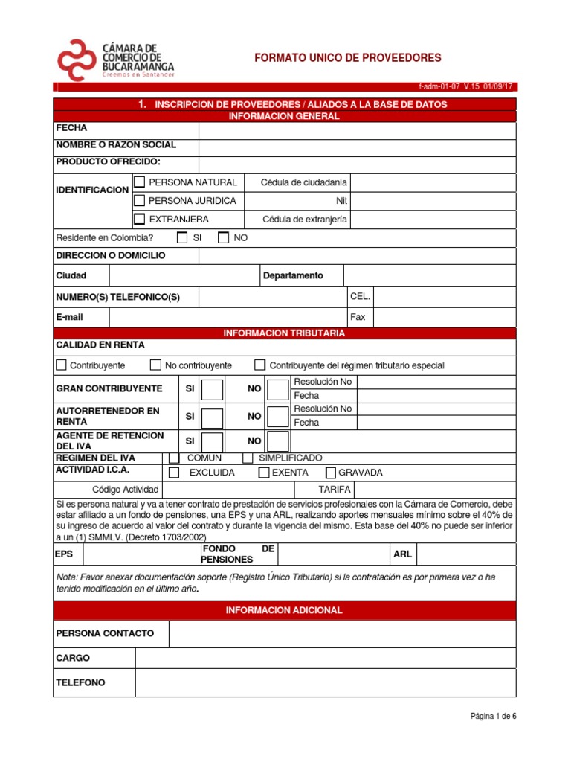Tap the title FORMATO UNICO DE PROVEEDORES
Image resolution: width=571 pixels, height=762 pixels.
click(348, 57)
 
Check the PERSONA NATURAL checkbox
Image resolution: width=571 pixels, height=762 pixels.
click(139, 182)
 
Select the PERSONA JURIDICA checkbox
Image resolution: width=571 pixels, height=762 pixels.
click(139, 200)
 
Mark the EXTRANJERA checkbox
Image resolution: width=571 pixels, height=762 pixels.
click(139, 219)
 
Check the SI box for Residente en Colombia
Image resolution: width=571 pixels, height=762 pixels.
click(182, 238)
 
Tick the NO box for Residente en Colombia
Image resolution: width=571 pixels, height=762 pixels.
click(223, 238)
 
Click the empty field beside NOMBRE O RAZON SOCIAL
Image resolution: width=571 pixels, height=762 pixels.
click(357, 145)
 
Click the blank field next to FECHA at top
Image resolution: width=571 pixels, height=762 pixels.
click(357, 128)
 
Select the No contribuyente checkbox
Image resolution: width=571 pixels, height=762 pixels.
click(155, 365)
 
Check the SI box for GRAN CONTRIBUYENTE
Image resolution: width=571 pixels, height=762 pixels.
click(212, 389)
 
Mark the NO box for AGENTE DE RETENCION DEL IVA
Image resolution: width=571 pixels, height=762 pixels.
click(278, 441)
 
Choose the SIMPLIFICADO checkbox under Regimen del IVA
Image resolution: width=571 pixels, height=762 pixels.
click(248, 458)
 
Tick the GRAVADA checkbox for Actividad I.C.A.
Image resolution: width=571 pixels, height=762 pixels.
click(331, 473)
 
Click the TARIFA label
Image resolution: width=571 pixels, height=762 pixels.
click(314, 490)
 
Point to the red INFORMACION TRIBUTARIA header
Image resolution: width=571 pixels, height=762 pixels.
click(284, 333)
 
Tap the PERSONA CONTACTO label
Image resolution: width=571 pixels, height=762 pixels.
click(106, 633)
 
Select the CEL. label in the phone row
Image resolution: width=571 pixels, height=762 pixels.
click(360, 297)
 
